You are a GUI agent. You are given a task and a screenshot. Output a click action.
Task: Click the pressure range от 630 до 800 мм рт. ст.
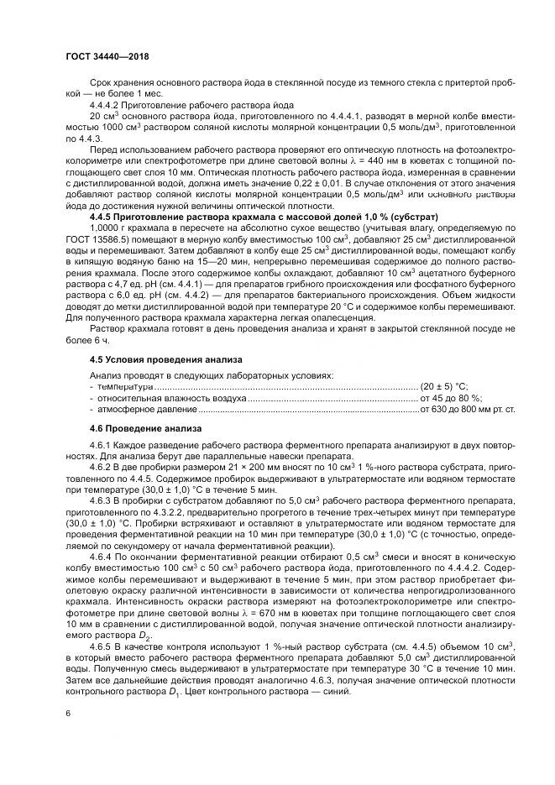[468, 410]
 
